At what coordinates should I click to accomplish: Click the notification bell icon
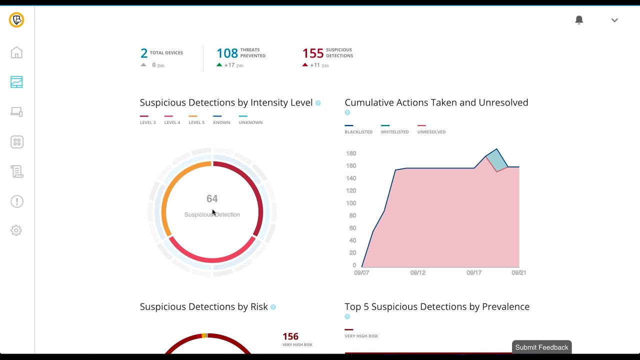pos(579,20)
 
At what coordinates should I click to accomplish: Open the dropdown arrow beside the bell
pos(614,20)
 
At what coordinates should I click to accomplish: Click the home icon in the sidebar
pos(16,52)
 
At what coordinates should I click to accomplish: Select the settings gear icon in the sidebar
pos(16,230)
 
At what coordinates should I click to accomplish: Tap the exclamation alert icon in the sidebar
pos(16,201)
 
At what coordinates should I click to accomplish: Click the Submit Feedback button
pos(541,347)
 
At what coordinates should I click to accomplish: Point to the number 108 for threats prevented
pos(227,53)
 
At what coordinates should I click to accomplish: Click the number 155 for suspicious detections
pos(313,53)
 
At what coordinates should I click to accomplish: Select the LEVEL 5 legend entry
pos(196,122)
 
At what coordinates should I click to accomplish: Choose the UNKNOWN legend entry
pos(250,122)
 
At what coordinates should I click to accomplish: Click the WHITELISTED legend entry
pos(394,132)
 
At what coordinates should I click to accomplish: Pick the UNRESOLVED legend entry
pos(431,132)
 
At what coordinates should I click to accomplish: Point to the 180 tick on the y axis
pos(351,153)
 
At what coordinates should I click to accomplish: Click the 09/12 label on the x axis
pos(418,273)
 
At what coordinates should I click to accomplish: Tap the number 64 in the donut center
pos(212,199)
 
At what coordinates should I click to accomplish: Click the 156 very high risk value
pos(290,336)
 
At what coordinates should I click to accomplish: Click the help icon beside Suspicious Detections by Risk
pos(273,307)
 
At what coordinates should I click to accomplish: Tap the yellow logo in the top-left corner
pos(16,20)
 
